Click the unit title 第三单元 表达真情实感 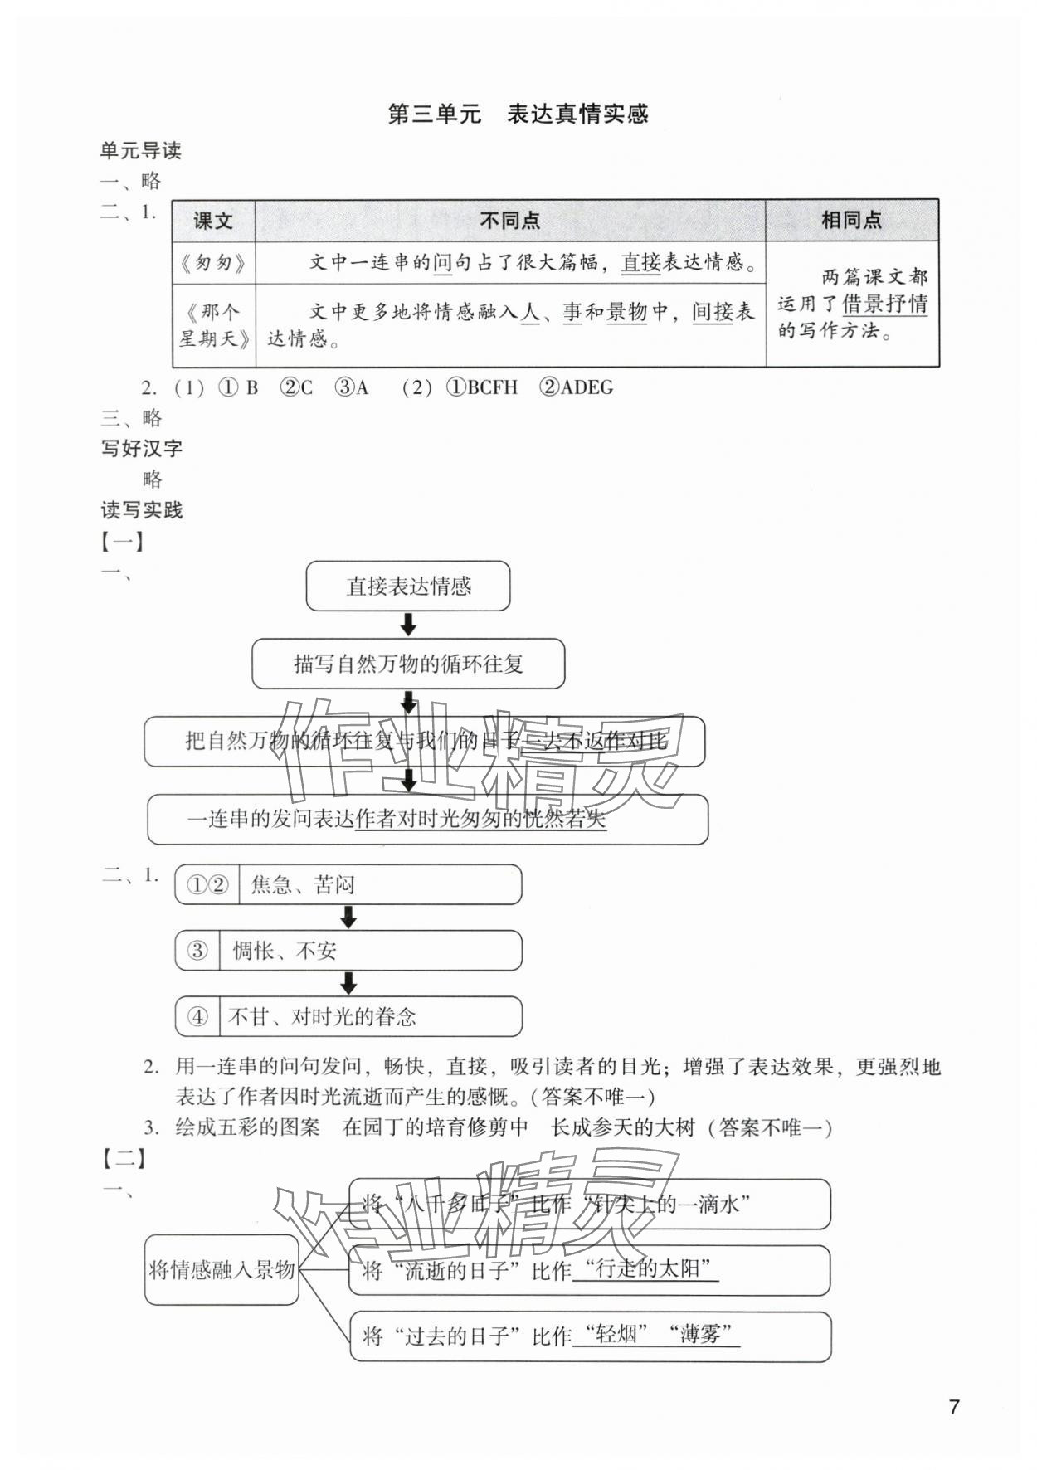pyautogui.click(x=518, y=114)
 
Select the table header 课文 pyautogui.click(x=213, y=221)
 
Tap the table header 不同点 pyautogui.click(x=509, y=221)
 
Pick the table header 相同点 pyautogui.click(x=851, y=220)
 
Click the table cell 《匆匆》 pyautogui.click(x=213, y=263)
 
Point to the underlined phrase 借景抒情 pyautogui.click(x=884, y=304)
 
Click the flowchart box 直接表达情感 pyautogui.click(x=408, y=587)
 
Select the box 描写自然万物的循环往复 pyautogui.click(x=408, y=664)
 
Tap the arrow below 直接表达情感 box pyautogui.click(x=408, y=624)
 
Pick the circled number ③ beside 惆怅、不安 pyautogui.click(x=197, y=951)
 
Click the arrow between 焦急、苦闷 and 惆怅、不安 pyautogui.click(x=348, y=917)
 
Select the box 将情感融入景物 pyautogui.click(x=222, y=1269)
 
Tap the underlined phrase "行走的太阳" pyautogui.click(x=645, y=1269)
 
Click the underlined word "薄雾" pyautogui.click(x=704, y=1335)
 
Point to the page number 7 pyautogui.click(x=954, y=1407)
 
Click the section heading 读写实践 pyautogui.click(x=142, y=510)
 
